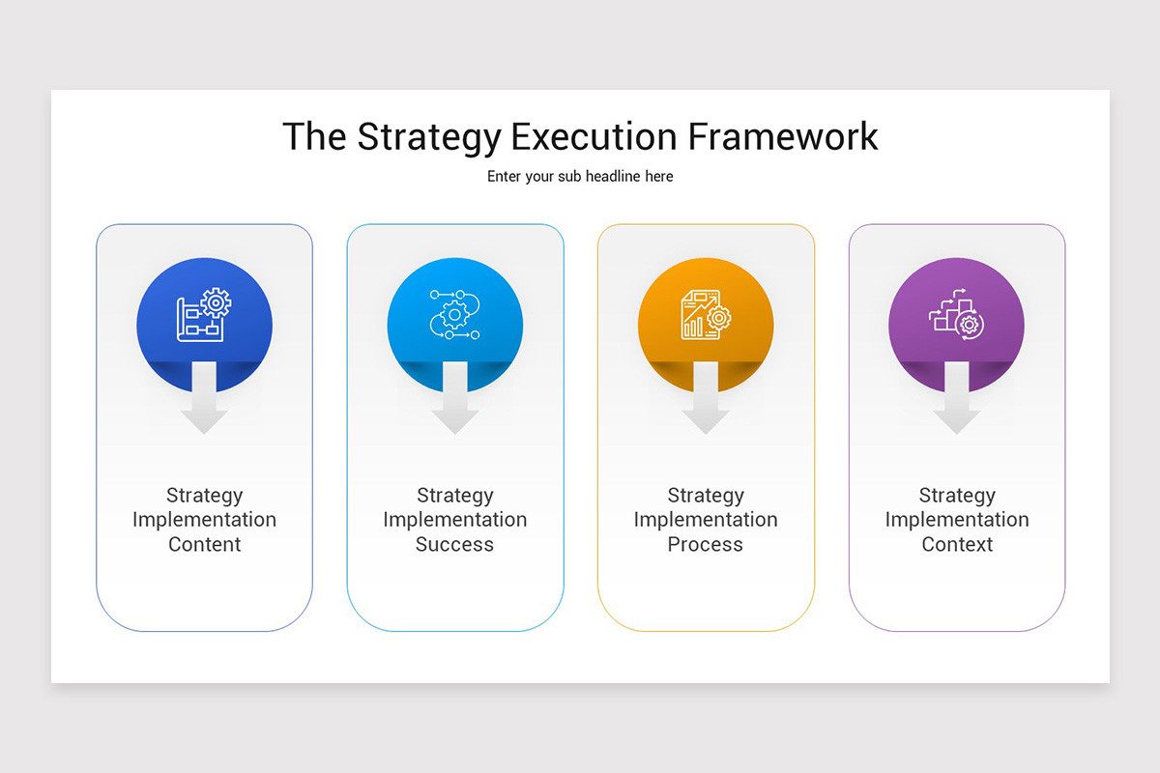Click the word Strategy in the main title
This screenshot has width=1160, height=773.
pos(428,137)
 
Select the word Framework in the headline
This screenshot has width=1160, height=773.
pos(783,136)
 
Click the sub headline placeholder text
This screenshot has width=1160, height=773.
pos(580,177)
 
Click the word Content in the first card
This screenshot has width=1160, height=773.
pos(204,545)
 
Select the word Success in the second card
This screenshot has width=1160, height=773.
pos(454,545)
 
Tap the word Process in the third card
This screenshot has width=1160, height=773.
pos(706,545)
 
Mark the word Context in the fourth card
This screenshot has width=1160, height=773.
pos(956,545)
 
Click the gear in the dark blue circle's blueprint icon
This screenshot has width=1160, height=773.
pos(216,302)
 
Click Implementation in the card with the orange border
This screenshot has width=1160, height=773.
pos(706,520)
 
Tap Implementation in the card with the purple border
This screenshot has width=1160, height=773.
pos(956,520)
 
